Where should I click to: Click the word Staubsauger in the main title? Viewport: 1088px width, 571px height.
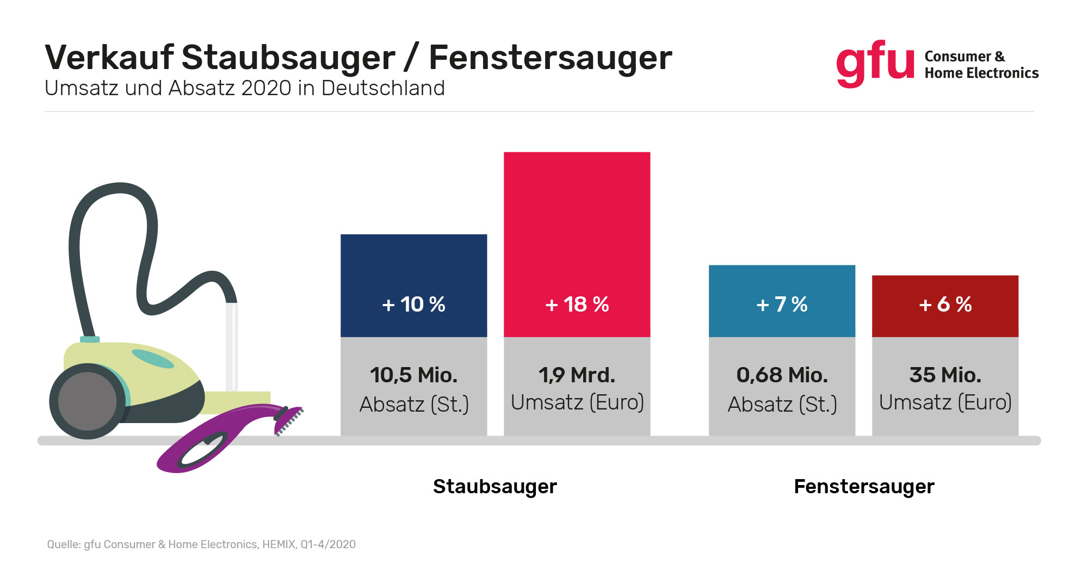coord(288,58)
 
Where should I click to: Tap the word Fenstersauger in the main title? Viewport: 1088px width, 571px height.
coord(550,58)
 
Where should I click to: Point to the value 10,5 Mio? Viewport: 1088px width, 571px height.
coord(413,375)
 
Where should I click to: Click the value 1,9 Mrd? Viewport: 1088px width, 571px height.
coord(577,375)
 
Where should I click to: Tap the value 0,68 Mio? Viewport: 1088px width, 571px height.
coord(782,375)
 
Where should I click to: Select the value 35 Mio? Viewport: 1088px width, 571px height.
coord(945,375)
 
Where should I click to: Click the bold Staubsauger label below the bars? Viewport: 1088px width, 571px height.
coord(494,486)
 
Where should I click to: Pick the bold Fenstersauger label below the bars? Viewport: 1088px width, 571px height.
coord(864,486)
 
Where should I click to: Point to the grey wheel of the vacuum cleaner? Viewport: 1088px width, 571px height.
coord(87,401)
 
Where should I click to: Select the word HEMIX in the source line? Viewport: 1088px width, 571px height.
coord(279,544)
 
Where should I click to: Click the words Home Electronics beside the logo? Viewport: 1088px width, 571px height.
coord(981,73)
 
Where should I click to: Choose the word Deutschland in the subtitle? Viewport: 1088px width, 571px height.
coord(383,88)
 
